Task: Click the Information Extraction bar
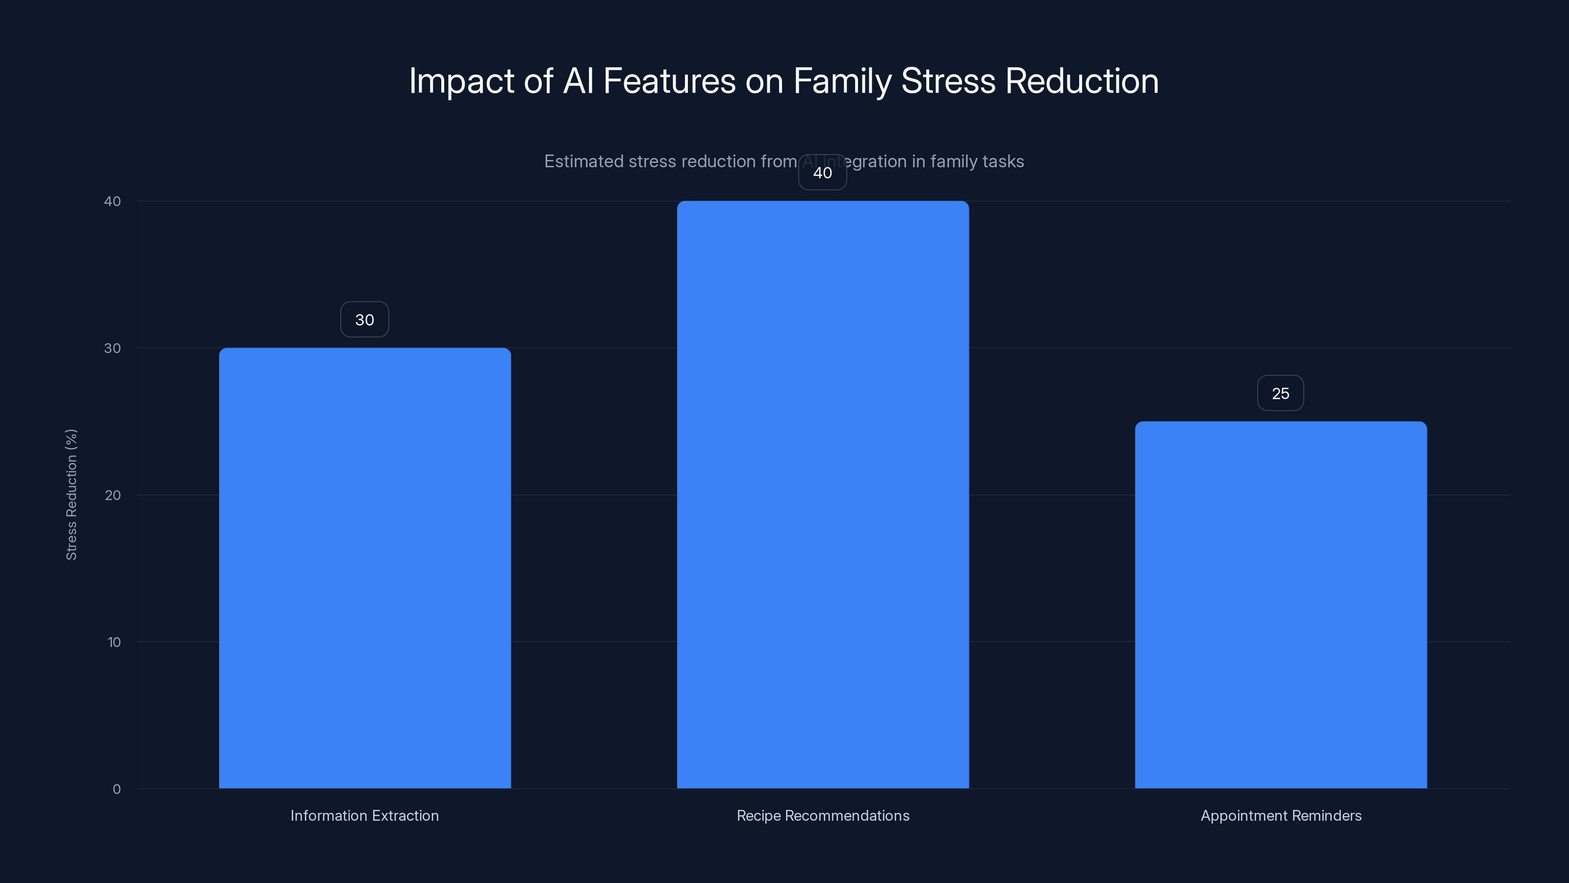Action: click(365, 568)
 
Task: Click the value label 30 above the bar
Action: click(364, 320)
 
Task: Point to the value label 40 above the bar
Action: click(822, 173)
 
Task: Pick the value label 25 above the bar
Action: click(1280, 393)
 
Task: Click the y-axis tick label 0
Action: click(116, 789)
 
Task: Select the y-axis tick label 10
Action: click(114, 642)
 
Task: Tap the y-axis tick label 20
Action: click(113, 495)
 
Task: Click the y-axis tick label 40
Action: click(113, 202)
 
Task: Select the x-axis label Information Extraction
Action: click(364, 815)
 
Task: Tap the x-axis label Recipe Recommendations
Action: click(823, 815)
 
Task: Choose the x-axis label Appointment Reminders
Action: click(1281, 815)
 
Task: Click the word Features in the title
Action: click(669, 81)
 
